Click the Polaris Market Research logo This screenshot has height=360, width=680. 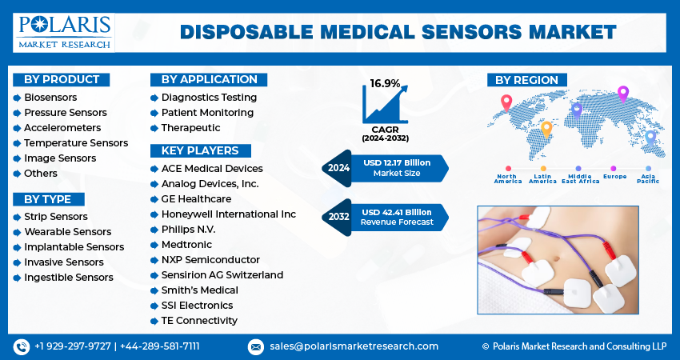(64, 31)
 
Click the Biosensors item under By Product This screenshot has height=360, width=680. (50, 97)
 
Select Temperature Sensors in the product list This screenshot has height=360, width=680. (76, 142)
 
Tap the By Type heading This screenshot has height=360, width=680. (48, 199)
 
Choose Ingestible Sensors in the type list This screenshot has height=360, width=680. (69, 277)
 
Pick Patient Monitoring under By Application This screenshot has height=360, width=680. (207, 112)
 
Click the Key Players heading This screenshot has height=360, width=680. (200, 150)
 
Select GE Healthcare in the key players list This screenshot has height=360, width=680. (196, 198)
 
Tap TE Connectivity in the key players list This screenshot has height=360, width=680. (199, 320)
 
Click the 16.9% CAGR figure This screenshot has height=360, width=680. (385, 83)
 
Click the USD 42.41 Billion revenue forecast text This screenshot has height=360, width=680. (396, 212)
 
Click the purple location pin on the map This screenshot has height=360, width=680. (623, 94)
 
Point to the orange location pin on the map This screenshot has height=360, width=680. (547, 127)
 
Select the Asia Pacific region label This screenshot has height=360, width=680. (648, 178)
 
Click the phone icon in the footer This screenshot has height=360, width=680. (22, 346)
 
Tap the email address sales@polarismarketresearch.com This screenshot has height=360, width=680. (354, 346)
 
